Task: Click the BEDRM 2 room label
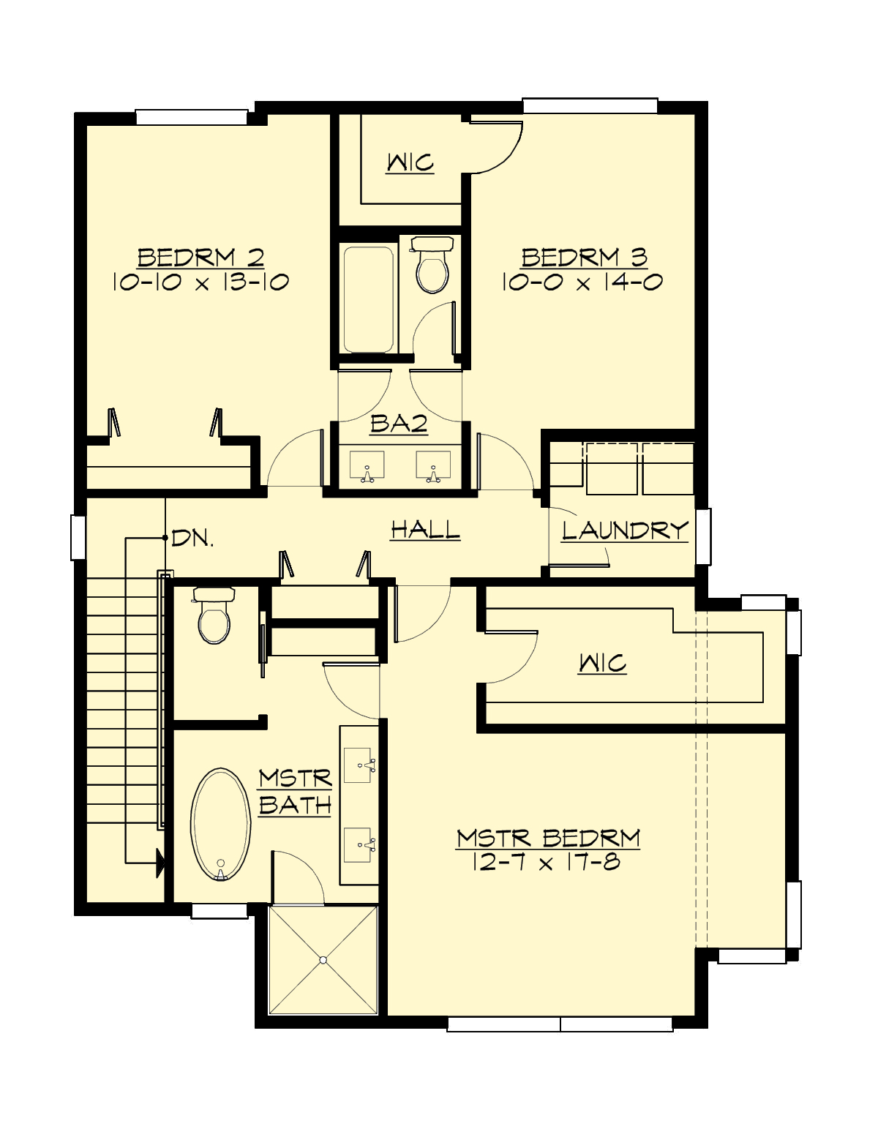click(200, 258)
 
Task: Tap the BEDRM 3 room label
click(584, 258)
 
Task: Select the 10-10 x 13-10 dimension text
click(200, 282)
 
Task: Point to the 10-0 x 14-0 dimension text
click(582, 282)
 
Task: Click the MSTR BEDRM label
click(548, 839)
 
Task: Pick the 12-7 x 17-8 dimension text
click(547, 863)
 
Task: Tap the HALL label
click(425, 529)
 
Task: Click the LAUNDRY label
click(625, 530)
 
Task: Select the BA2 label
click(399, 424)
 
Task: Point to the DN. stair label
click(192, 539)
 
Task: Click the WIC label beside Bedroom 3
click(410, 162)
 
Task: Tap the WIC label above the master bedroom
click(602, 664)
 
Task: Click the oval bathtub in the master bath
click(220, 824)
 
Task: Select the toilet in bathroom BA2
click(432, 266)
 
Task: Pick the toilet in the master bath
click(214, 616)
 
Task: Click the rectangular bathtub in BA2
click(369, 299)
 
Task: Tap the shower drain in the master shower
click(323, 960)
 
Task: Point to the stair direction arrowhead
click(159, 863)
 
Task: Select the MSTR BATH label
click(295, 792)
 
